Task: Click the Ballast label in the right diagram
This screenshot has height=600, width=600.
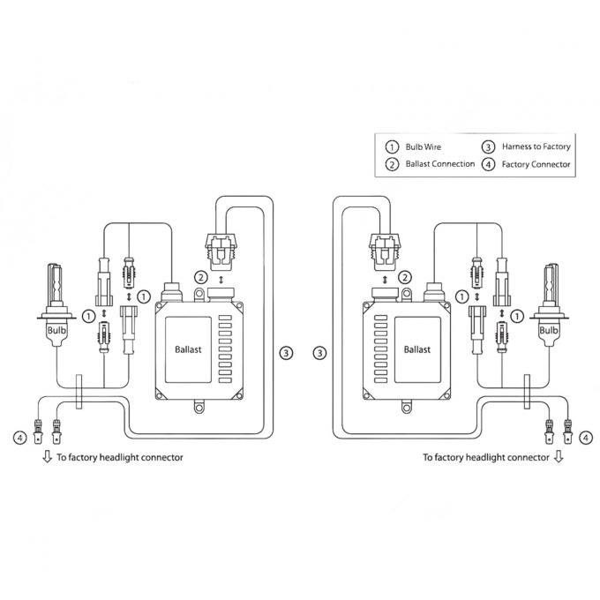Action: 417,349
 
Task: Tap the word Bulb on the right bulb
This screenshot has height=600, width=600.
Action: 549,328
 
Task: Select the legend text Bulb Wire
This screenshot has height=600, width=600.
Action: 424,146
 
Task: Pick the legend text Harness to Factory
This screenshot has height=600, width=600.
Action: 536,146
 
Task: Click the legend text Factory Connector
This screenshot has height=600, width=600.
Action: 536,164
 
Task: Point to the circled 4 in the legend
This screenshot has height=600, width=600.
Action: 487,164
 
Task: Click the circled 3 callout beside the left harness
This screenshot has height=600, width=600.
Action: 285,353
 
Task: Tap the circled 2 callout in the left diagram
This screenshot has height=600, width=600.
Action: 201,277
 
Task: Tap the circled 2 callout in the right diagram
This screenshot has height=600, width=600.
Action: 405,277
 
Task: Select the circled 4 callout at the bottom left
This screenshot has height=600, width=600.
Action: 19,436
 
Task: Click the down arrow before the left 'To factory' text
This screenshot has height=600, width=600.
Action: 46,457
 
